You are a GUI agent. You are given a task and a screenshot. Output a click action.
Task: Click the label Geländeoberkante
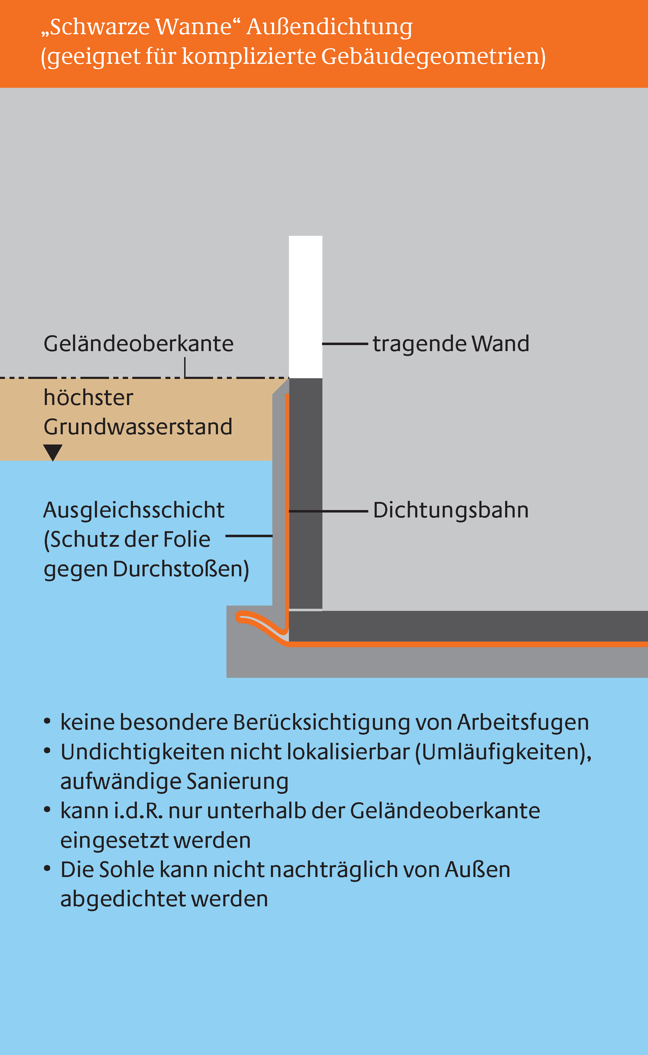[x=138, y=343]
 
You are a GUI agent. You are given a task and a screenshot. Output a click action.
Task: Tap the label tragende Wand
[x=451, y=344]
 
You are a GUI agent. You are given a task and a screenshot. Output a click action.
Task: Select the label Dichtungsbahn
[x=451, y=510]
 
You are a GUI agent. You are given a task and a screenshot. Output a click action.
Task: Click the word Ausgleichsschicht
[x=134, y=510]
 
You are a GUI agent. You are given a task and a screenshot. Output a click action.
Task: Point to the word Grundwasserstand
[x=138, y=427]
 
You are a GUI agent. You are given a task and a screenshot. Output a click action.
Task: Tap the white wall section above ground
[x=305, y=307]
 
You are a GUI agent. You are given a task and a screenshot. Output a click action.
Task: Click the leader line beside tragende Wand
[x=345, y=343]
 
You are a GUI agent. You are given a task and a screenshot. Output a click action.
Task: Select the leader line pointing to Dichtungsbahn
[x=328, y=511]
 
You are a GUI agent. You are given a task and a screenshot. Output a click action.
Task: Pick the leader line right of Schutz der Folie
[x=249, y=536]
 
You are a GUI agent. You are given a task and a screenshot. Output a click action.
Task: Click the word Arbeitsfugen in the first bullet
[x=523, y=722]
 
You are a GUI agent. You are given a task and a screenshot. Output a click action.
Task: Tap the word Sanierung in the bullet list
[x=237, y=781]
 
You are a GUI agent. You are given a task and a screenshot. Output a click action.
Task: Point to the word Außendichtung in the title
[x=329, y=27]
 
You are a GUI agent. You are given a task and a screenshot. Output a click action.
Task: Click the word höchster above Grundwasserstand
[x=88, y=397]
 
